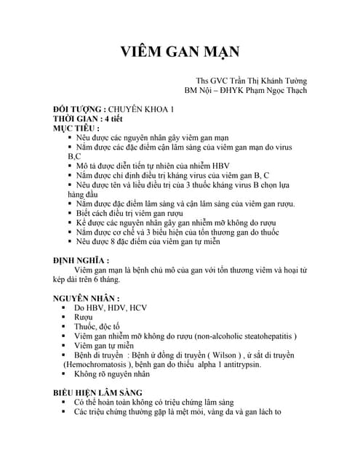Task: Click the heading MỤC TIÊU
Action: pyautogui.click(x=76, y=128)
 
